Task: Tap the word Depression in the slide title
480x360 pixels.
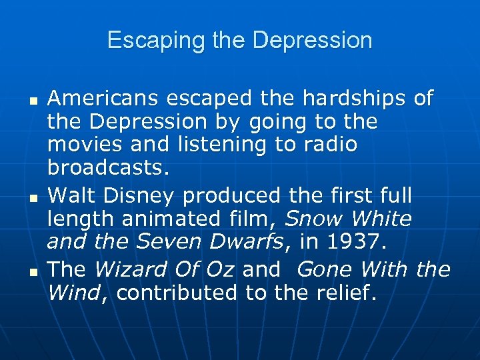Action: pos(313,41)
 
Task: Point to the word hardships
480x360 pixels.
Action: pos(353,99)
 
